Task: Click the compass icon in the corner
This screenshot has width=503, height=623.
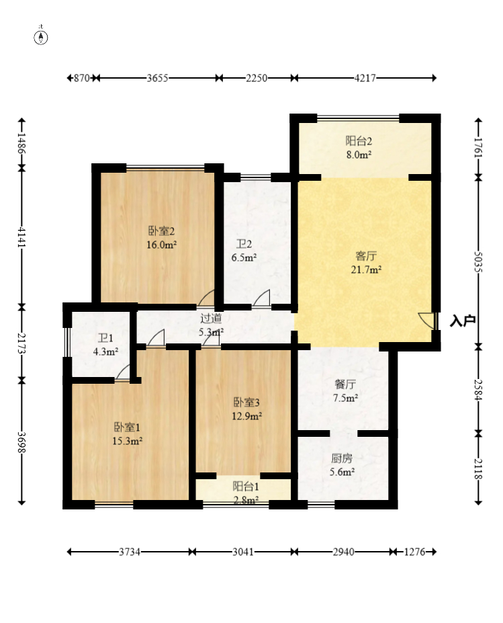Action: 40,38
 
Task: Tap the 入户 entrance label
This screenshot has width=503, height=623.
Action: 463,321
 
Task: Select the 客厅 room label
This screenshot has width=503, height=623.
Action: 365,255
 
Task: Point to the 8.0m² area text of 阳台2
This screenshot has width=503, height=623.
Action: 359,155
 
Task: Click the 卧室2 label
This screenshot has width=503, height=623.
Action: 162,231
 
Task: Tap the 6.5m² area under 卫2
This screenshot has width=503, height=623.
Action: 244,257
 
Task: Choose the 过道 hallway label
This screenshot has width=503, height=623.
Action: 211,319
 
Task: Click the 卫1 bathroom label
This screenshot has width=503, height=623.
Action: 105,338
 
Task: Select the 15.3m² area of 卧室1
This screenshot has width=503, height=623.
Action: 127,441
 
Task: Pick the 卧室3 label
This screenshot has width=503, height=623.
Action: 246,403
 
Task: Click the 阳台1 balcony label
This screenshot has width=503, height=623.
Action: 246,487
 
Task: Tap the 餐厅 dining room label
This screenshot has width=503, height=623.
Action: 345,384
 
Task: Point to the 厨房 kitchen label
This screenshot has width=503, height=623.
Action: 342,458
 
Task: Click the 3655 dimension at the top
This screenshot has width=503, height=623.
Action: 158,78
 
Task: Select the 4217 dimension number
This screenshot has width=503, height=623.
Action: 365,78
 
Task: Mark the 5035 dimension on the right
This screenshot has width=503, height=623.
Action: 478,262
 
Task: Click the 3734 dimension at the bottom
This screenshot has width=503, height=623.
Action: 130,552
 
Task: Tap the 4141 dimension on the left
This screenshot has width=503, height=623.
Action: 22,237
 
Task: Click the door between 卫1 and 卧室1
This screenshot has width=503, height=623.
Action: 123,374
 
